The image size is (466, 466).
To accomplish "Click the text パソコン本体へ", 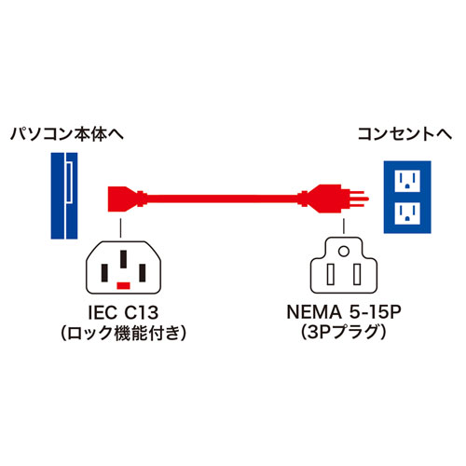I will click(65, 133).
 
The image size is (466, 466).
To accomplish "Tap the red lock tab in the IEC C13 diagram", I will click(124, 281).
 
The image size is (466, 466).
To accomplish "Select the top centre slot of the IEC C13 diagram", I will click(124, 256).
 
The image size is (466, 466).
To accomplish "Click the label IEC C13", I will click(124, 314).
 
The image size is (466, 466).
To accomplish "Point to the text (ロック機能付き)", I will click(124, 334).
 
